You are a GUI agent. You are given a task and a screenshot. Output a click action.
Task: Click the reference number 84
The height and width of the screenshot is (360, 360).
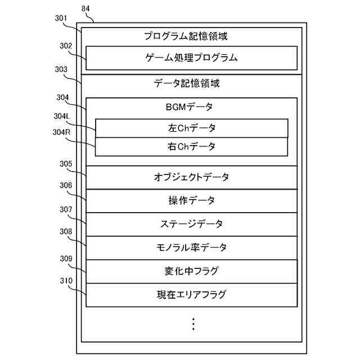(85, 9)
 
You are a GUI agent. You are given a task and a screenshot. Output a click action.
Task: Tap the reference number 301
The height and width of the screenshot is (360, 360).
(61, 18)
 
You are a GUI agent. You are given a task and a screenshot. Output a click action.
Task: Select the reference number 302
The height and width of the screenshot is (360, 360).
(66, 45)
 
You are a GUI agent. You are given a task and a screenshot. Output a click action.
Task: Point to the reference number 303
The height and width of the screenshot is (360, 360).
(61, 69)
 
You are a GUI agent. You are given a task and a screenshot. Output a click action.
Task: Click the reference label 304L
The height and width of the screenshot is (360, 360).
(61, 116)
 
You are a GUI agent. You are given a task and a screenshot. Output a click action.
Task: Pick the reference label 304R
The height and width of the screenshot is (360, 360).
(61, 133)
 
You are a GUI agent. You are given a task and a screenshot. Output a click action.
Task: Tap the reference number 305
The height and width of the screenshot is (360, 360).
(66, 164)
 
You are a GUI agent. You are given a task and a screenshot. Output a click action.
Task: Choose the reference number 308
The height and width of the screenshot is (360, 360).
(66, 231)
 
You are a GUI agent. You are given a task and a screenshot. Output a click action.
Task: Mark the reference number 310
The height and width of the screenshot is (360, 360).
(66, 280)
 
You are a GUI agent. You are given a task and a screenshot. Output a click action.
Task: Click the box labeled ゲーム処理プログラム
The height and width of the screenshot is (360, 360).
(191, 57)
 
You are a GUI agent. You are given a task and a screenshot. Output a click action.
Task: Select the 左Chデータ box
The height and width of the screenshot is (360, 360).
(191, 128)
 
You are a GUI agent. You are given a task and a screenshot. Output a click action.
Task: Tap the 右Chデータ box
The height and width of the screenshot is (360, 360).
(191, 146)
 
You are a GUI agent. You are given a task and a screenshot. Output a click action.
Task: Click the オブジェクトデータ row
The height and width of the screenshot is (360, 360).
(191, 177)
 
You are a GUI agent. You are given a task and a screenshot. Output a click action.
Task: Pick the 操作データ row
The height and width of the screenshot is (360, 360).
(191, 200)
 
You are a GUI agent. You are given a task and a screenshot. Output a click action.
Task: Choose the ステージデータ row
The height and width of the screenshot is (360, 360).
(191, 224)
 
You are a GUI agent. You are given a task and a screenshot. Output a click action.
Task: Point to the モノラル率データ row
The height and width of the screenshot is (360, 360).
(191, 247)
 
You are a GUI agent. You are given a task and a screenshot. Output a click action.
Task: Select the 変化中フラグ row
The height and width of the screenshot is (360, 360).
(191, 271)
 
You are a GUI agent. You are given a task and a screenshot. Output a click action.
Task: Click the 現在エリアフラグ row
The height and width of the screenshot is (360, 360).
(191, 295)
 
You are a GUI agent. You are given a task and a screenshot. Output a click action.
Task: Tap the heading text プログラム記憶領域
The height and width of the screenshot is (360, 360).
(191, 36)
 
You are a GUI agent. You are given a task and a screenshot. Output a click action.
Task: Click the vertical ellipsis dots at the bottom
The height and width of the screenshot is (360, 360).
(193, 324)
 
